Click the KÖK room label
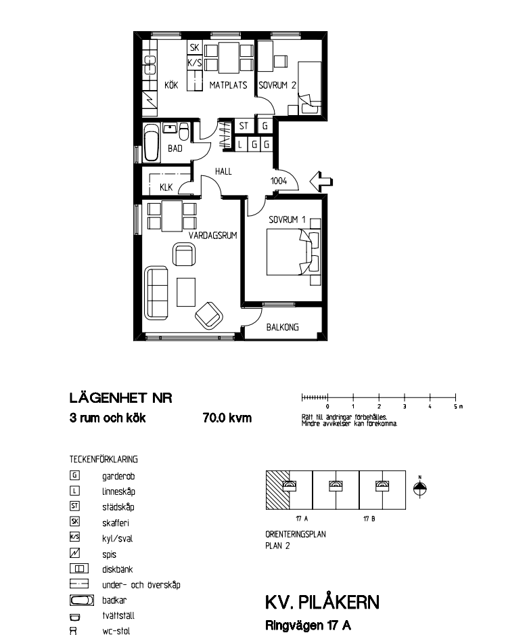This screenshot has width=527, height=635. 171,85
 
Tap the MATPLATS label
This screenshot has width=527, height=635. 228,85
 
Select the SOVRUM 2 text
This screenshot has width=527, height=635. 277,85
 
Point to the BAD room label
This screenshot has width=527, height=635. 175,149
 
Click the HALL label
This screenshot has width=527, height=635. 223,172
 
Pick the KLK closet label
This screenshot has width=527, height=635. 166,188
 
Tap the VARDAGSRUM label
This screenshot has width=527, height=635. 213,236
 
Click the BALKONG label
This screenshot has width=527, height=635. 283,327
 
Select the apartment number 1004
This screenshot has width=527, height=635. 279,181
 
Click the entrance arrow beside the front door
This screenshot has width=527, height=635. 321,181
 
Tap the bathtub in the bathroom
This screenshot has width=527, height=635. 151,143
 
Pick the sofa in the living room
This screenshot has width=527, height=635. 156,292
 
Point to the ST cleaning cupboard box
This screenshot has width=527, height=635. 244,126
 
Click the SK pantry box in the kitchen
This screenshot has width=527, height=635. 194,47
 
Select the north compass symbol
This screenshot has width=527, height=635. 419,488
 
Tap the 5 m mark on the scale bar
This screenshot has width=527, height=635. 455,397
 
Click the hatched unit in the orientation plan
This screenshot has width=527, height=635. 277,490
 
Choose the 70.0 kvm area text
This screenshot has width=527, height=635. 227,418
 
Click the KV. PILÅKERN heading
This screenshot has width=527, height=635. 322,603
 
